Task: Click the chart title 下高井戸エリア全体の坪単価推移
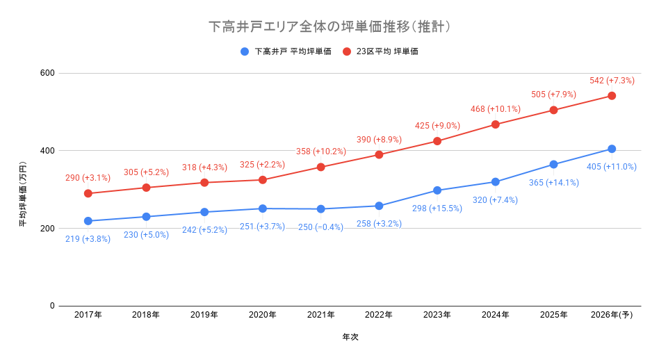329,27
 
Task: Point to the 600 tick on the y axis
47,73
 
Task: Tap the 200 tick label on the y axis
47,228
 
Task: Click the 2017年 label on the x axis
88,315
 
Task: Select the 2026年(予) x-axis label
612,315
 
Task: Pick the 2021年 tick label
321,315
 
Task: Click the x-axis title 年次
350,337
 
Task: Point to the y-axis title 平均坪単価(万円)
23,194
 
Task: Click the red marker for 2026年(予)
612,96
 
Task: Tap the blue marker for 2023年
437,190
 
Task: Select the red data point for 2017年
88,193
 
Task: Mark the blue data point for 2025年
553,165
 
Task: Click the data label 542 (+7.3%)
612,81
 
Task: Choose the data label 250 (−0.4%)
320,227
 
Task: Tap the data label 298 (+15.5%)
437,208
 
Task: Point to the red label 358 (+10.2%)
320,152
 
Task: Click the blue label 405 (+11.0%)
612,167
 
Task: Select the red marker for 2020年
263,180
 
